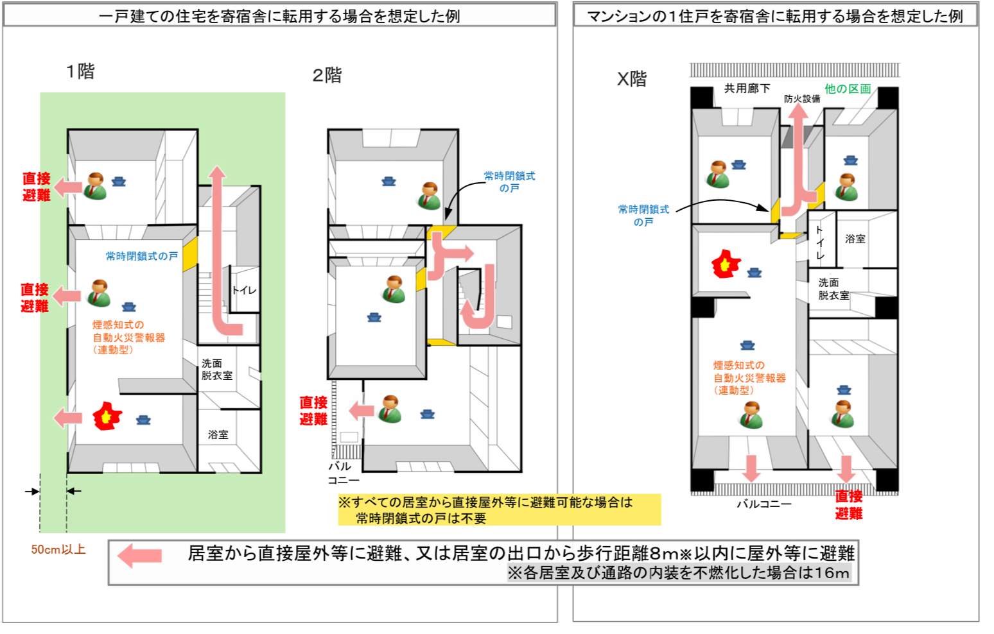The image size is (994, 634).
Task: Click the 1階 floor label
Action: (x=80, y=71)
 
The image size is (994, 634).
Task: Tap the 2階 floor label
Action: (x=327, y=76)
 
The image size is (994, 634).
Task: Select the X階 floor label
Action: (x=632, y=79)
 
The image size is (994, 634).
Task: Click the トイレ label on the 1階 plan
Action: (x=244, y=290)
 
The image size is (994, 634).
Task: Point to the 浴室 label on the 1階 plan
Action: (x=218, y=434)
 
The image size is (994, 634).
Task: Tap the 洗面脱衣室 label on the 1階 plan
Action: (x=216, y=369)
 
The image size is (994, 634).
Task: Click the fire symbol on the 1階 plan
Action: (x=107, y=416)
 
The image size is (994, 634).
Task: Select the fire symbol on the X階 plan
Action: (x=726, y=264)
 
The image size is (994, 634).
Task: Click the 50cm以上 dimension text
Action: (x=58, y=549)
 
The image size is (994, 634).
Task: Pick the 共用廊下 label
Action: (x=747, y=89)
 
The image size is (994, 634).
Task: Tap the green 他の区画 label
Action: (x=848, y=89)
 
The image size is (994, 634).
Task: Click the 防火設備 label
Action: (x=801, y=99)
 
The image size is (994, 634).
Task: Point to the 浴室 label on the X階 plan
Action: (x=855, y=239)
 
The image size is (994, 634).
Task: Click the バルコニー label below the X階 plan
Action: (x=763, y=504)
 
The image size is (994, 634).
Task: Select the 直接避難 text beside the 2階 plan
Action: (x=313, y=411)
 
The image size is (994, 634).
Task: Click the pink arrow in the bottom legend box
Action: (x=140, y=556)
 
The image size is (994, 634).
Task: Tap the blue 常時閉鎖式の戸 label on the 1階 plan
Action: (x=141, y=256)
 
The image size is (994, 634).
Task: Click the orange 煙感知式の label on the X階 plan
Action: (x=738, y=365)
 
